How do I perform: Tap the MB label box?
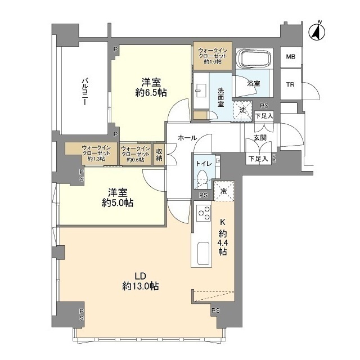tap(290, 57)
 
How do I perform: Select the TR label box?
tap(290, 85)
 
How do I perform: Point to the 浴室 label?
tap(254, 84)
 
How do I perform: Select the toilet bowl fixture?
tap(203, 179)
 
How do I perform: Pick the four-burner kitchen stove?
tap(203, 214)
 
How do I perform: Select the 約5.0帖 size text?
tap(116, 203)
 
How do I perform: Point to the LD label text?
tap(140, 276)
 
